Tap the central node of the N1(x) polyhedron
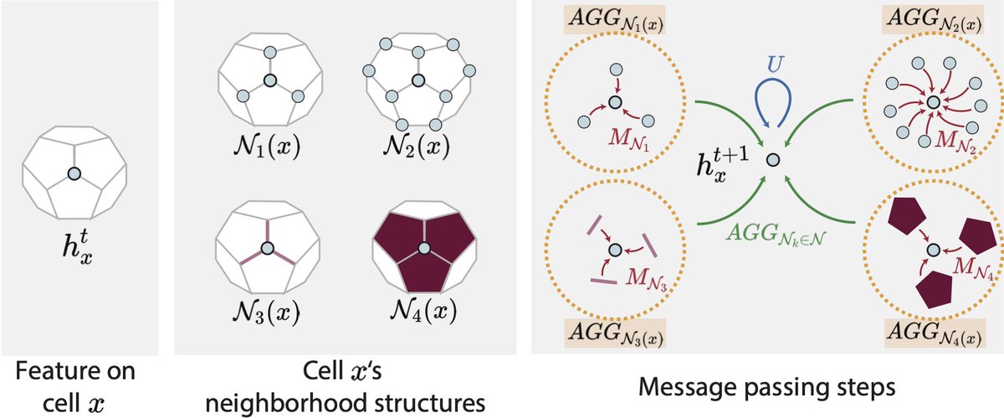269,80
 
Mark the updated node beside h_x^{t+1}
774,159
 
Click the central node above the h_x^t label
74,173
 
